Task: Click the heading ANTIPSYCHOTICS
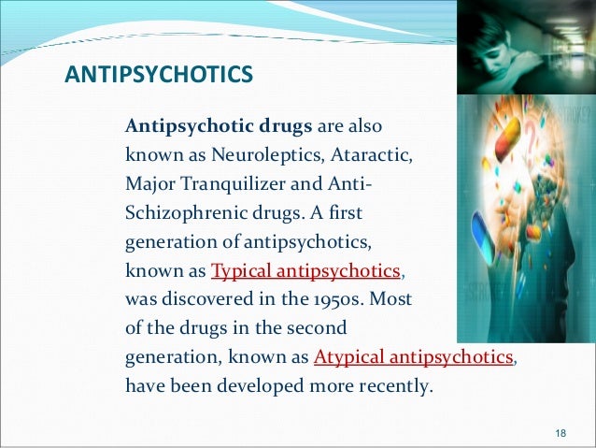(x=159, y=72)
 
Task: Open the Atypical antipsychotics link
(x=414, y=357)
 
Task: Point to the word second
(x=318, y=328)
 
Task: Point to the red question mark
(x=543, y=141)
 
